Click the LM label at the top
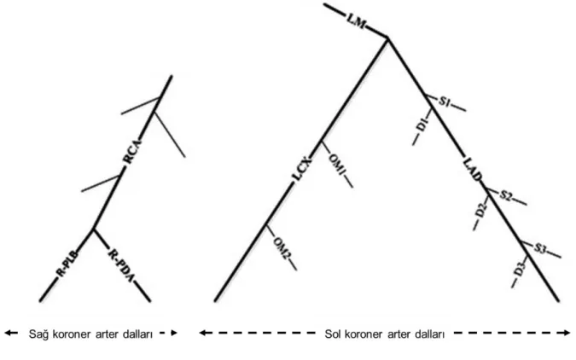pos(356,22)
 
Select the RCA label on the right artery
pos(132,151)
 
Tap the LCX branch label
pos(302,169)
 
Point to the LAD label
pos(472,169)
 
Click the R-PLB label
pos(67,264)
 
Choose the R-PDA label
pos(121,266)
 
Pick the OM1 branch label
pos(336,165)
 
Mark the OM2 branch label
pos(280,249)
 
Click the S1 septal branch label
pos(444,102)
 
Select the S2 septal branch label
pos(505,196)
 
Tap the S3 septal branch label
pos(540,249)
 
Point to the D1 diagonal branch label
pos(422,125)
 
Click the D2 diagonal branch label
pos(481,211)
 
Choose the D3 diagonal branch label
pos(519,270)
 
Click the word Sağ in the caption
pos(38,334)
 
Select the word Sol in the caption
pos(333,334)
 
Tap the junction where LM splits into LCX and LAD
pos(387,38)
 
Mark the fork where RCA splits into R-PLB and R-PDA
pos(94,229)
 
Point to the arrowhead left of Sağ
pos(9,334)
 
